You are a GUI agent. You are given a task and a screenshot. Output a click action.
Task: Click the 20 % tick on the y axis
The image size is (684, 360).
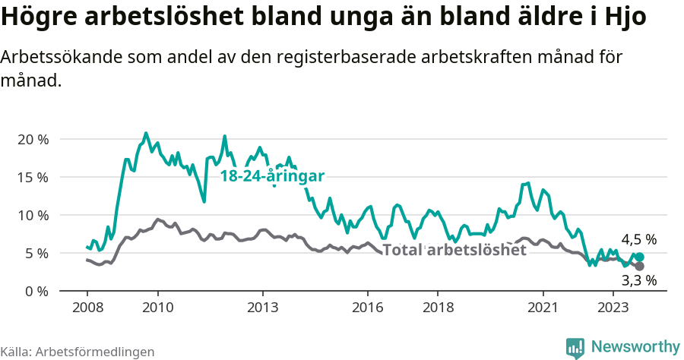click(32, 139)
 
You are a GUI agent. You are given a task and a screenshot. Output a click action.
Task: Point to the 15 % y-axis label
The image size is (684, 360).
click(32, 177)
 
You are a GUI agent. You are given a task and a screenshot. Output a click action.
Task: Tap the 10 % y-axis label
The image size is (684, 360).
click(32, 215)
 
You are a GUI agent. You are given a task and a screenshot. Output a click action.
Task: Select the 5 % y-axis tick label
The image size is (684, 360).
click(35, 253)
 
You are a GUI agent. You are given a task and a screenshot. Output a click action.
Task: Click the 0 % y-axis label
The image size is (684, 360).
click(35, 291)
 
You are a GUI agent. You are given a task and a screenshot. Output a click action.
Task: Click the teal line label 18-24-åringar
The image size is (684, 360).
click(272, 176)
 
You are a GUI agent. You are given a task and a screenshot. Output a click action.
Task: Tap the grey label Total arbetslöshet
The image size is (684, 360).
click(454, 250)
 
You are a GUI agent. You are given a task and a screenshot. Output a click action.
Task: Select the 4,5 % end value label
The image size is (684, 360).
click(638, 240)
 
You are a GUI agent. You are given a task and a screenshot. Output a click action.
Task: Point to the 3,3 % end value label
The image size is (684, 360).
click(638, 280)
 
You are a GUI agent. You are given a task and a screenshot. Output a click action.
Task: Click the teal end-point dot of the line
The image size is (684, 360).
click(639, 257)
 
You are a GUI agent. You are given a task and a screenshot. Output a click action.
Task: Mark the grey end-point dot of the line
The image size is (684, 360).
click(639, 267)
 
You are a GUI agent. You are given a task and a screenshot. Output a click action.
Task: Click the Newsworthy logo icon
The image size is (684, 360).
click(576, 347)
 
